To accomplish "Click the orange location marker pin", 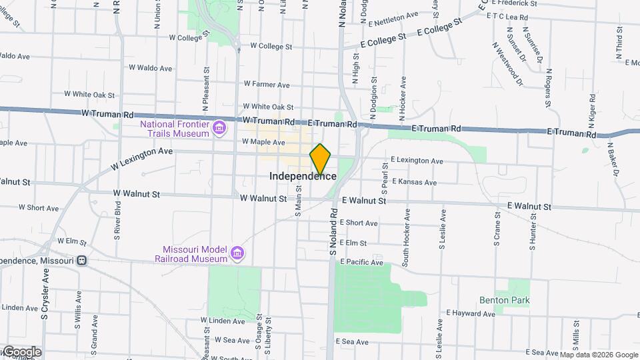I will pyautogui.click(x=320, y=158).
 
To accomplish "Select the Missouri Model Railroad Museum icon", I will pyautogui.click(x=237, y=253).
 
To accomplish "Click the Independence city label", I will pyautogui.click(x=303, y=176).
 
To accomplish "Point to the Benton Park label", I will pyautogui.click(x=505, y=300).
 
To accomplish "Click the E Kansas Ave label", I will pyautogui.click(x=414, y=182).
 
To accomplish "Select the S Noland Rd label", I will pyautogui.click(x=331, y=236).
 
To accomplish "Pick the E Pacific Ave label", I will pyautogui.click(x=361, y=263).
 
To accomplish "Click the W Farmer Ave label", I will pyautogui.click(x=267, y=85).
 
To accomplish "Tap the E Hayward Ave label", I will pyautogui.click(x=472, y=312).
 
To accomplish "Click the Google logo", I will pyautogui.click(x=21, y=351).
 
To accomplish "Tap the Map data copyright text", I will pyautogui.click(x=598, y=355).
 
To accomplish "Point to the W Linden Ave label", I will pyautogui.click(x=224, y=321).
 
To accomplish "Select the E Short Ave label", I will pyautogui.click(x=359, y=223).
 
